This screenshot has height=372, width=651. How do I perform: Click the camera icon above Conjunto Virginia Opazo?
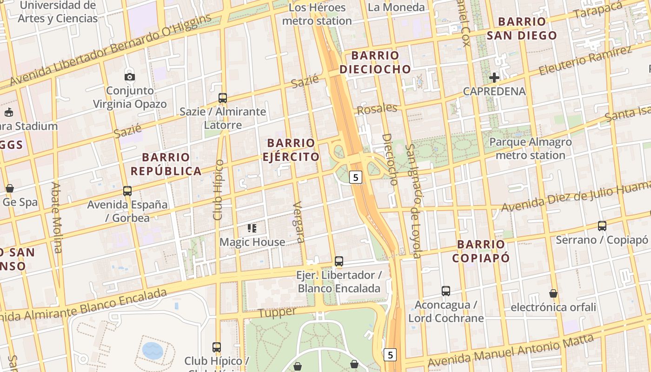[130, 77]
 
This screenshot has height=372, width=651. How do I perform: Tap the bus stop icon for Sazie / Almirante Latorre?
[223, 98]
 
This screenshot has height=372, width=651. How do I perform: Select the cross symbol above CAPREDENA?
[494, 78]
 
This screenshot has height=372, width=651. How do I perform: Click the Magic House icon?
[252, 228]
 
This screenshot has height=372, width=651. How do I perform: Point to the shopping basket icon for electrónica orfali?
[553, 293]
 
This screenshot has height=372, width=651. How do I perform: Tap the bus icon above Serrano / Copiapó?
[602, 226]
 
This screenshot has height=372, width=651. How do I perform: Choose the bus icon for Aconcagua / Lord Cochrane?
[446, 291]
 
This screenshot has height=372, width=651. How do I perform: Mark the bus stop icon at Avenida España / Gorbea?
[127, 191]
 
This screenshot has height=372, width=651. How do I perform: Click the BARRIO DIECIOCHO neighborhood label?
[375, 62]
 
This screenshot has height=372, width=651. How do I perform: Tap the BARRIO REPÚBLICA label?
[166, 164]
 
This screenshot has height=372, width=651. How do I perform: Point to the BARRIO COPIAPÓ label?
[481, 251]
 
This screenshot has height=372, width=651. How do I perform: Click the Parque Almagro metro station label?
[531, 148]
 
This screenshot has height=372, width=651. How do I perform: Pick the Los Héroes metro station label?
[317, 14]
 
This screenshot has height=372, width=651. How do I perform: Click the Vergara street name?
[299, 222]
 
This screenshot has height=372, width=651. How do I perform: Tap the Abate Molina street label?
[56, 217]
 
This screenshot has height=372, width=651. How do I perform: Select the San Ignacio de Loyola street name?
[413, 201]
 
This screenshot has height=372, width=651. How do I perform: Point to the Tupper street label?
[277, 312]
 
